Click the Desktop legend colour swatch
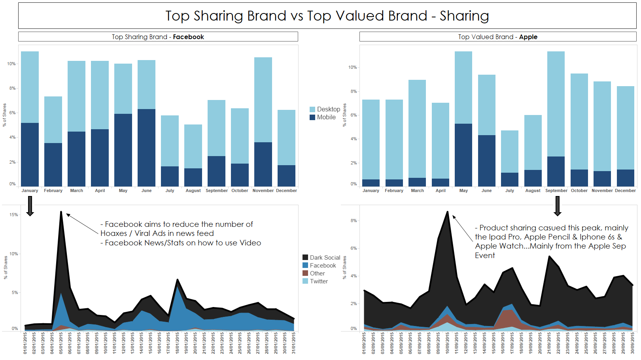(312, 109)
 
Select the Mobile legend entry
(326, 117)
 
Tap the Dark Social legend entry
(325, 258)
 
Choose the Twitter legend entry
(319, 281)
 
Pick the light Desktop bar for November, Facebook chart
(263, 100)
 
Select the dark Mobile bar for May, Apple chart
(463, 155)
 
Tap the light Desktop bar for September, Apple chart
(556, 104)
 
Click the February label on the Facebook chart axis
(53, 190)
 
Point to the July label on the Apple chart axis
(510, 190)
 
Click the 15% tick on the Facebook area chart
(14, 215)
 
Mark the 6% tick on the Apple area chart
(354, 248)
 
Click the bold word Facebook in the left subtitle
(188, 37)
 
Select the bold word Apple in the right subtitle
(528, 37)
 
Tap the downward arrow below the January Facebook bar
(30, 206)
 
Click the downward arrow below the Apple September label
(558, 206)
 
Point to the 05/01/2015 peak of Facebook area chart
(61, 212)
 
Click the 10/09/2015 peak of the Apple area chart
(448, 212)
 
